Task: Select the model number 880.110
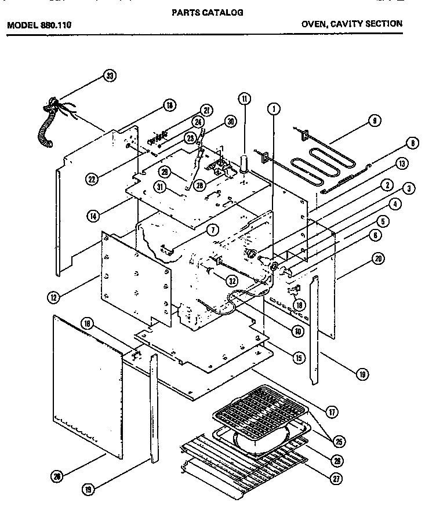[57, 25]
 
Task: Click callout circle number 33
[109, 75]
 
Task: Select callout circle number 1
[274, 108]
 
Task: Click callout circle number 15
[299, 358]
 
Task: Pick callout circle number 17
[333, 412]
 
